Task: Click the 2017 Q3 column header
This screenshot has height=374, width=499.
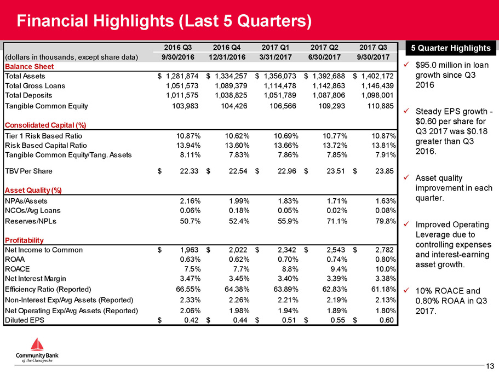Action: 373,48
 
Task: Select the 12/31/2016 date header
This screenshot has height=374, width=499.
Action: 227,57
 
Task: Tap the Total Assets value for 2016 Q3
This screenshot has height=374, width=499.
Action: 182,76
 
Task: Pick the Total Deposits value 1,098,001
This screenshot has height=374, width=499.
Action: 377,95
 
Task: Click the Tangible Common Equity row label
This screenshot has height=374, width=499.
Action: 47,106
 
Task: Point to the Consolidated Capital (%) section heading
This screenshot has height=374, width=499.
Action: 45,125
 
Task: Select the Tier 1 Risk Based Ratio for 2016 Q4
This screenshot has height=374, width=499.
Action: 237,136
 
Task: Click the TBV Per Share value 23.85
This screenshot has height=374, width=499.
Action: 385,171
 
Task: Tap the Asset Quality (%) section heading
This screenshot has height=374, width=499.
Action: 33,190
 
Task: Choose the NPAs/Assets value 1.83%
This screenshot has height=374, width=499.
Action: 288,201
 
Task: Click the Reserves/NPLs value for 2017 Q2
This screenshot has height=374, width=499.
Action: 337,221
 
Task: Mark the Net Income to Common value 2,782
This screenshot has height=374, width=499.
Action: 385,250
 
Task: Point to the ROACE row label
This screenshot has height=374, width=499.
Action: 18,269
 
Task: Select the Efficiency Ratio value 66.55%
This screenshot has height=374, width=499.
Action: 188,290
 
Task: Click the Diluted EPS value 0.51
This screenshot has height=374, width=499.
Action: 289,320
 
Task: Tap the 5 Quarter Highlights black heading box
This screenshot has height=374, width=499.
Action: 451,48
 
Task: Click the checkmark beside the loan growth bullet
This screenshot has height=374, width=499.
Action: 406,65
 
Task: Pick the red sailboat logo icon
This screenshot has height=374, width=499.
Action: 37,344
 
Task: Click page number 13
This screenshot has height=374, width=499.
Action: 490,366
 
